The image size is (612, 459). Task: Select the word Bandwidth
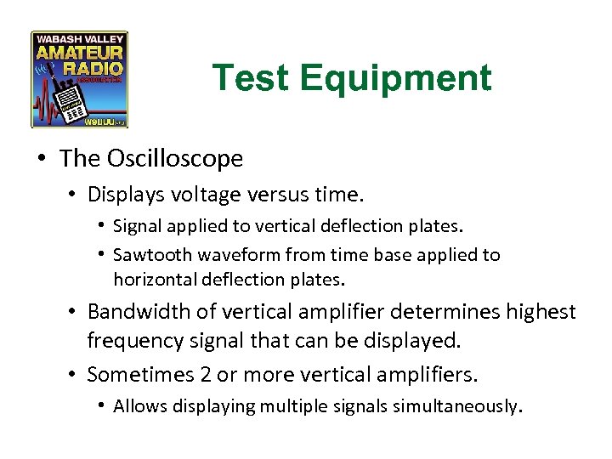(x=134, y=313)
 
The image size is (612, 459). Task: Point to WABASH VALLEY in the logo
(x=80, y=39)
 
